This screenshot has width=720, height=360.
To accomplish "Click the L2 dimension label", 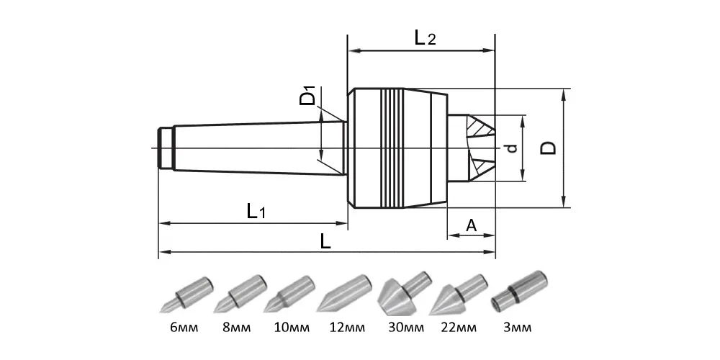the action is [x=425, y=38].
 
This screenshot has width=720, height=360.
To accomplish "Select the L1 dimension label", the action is [x=256, y=212].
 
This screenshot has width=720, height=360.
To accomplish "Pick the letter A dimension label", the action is [x=471, y=225].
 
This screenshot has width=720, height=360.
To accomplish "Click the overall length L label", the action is [x=325, y=240].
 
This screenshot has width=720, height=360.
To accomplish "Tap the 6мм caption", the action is [x=184, y=328].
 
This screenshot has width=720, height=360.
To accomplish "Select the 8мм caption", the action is [x=237, y=328].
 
